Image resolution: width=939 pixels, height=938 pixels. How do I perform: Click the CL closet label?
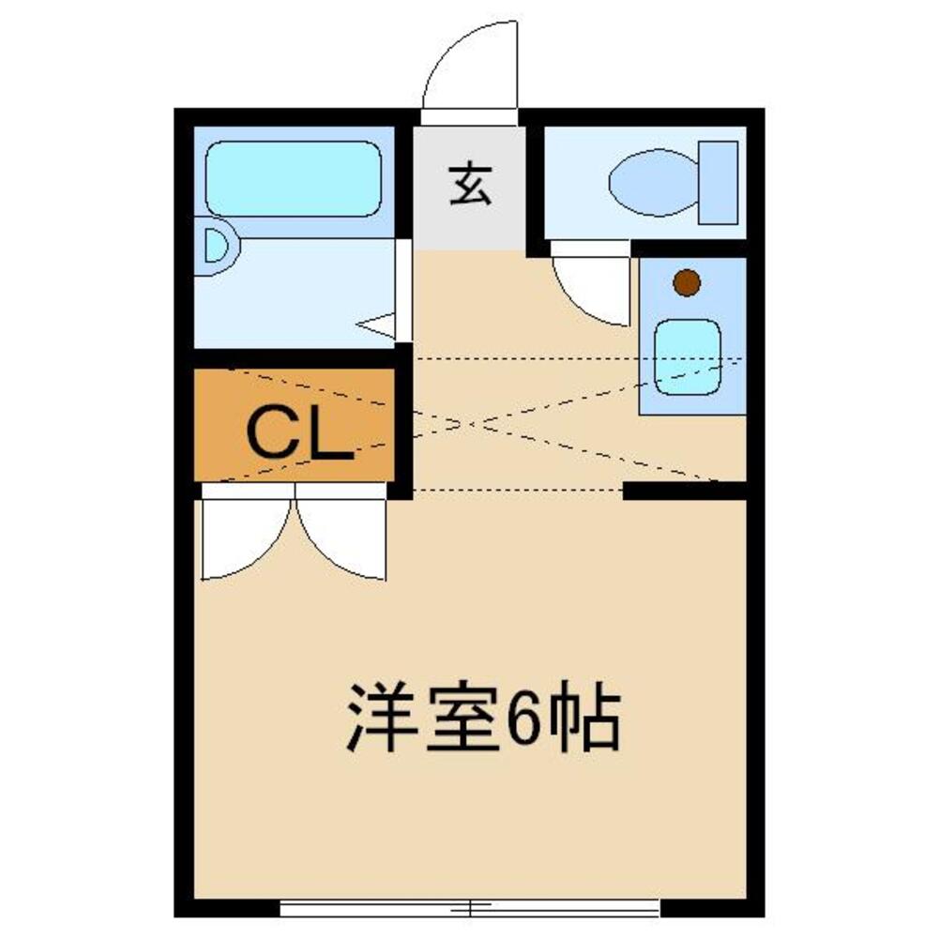pos(298,433)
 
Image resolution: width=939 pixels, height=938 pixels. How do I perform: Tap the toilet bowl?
pos(653,182)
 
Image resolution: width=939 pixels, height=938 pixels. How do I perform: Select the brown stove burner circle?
pos(688,281)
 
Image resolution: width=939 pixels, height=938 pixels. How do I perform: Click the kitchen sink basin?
pos(688,356)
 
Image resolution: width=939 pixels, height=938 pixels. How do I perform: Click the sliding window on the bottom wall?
pos(469,907)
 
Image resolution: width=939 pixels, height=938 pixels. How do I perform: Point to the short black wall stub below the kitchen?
pos(685,490)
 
